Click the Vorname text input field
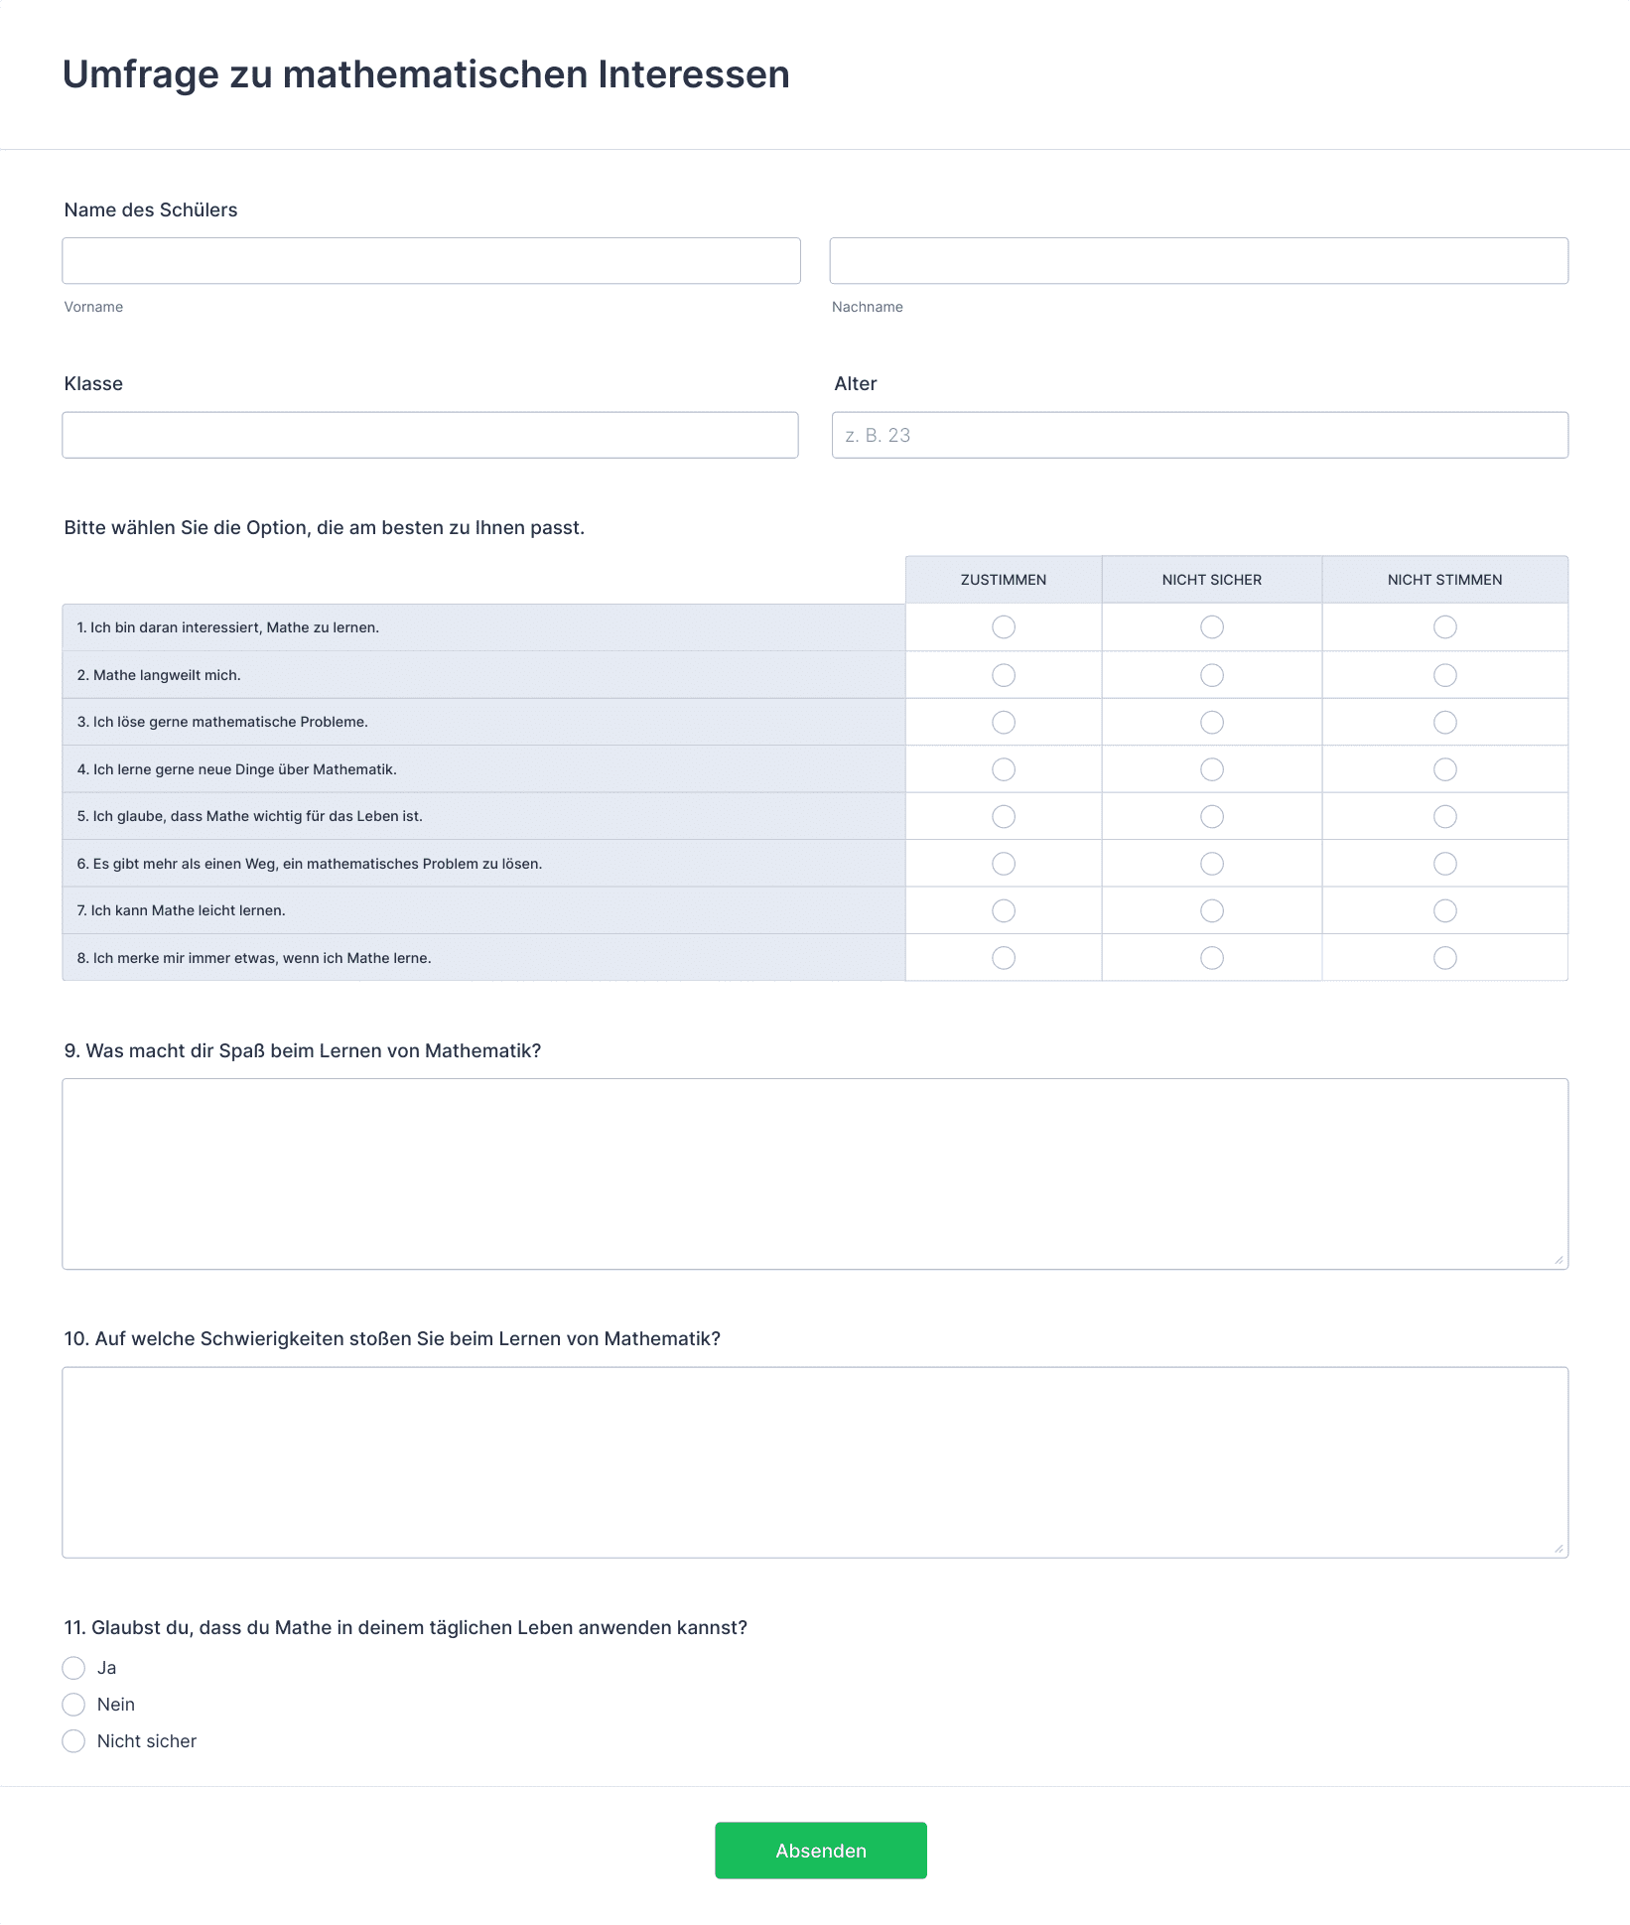pyautogui.click(x=431, y=261)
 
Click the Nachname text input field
pyautogui.click(x=1198, y=261)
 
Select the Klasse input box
pyautogui.click(x=430, y=435)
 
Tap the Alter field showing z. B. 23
pyautogui.click(x=1199, y=435)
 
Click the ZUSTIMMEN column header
pyautogui.click(x=1003, y=580)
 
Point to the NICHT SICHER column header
pyautogui.click(x=1211, y=580)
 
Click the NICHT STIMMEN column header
pyautogui.click(x=1444, y=580)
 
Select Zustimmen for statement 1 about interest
pyautogui.click(x=1004, y=627)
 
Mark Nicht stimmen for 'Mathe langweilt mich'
pyautogui.click(x=1444, y=675)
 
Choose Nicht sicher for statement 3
pyautogui.click(x=1211, y=723)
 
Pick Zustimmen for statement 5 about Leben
pyautogui.click(x=1004, y=816)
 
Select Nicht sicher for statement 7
pyautogui.click(x=1211, y=910)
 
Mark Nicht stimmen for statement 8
pyautogui.click(x=1444, y=958)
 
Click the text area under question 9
pyautogui.click(x=814, y=1173)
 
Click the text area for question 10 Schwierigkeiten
pyautogui.click(x=814, y=1461)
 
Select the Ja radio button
pyautogui.click(x=73, y=1668)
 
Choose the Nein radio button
pyautogui.click(x=73, y=1705)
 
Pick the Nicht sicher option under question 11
pyautogui.click(x=73, y=1741)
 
